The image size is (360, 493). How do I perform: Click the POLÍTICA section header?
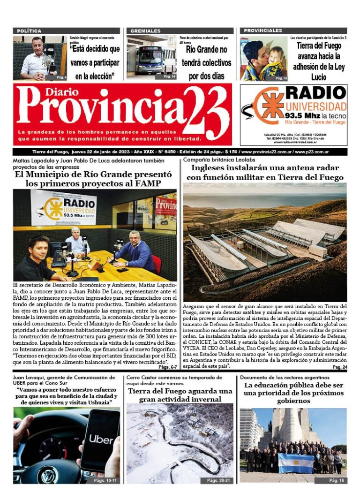tap(30, 31)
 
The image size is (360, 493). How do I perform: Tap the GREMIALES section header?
tap(146, 31)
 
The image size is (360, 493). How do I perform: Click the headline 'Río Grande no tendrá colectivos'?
tap(206, 62)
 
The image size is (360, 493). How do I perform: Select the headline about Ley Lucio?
tap(318, 61)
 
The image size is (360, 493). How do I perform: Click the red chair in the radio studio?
tap(157, 265)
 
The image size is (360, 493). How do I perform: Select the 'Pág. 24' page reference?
tap(339, 367)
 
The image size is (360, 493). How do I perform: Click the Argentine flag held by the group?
tap(296, 463)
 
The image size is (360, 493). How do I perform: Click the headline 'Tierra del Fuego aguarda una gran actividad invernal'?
tap(180, 395)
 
